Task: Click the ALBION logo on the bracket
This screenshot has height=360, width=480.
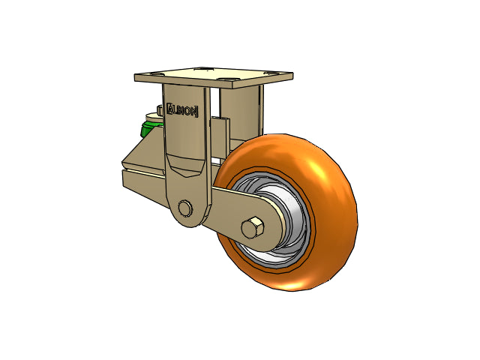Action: coord(182,110)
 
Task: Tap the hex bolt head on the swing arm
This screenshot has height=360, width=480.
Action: coord(253,227)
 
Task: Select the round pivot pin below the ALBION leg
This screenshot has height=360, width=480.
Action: coord(184,208)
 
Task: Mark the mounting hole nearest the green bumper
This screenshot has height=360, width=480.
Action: coord(157,73)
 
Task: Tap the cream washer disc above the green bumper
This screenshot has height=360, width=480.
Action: coord(154,117)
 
